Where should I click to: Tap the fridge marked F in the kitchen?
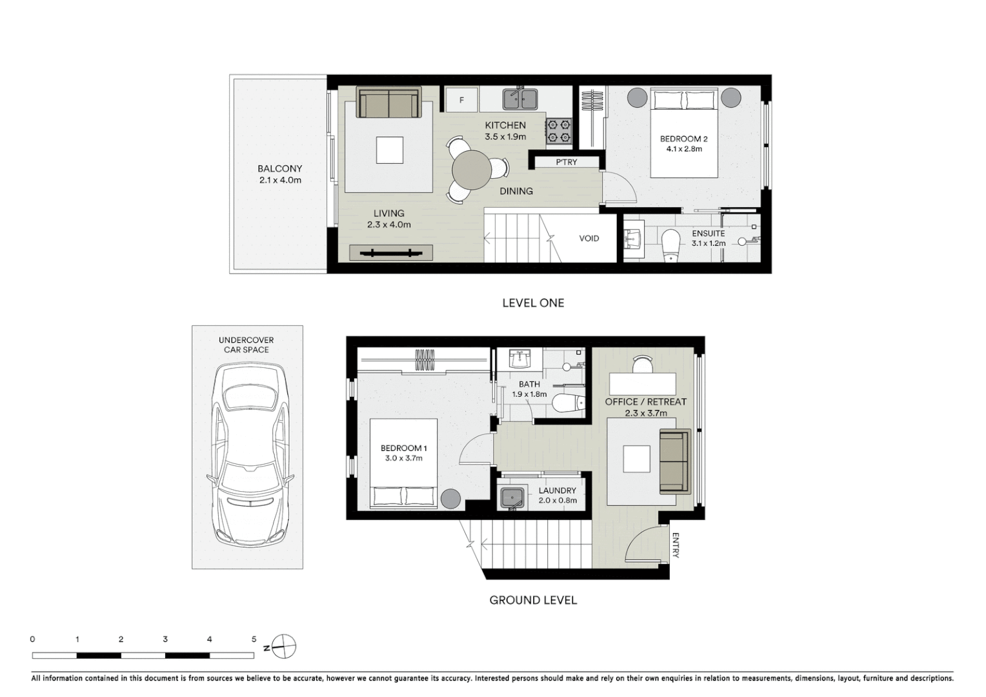[x=461, y=100]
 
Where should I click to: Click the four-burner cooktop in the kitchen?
[x=559, y=130]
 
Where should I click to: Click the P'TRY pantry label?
[x=567, y=162]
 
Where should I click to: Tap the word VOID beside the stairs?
[x=589, y=238]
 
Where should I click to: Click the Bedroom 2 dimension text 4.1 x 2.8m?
[x=684, y=149]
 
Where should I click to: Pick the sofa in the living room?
[x=388, y=103]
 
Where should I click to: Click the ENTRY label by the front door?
[x=676, y=545]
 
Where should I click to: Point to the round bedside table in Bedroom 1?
[x=450, y=499]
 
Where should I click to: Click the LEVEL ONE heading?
[x=533, y=303]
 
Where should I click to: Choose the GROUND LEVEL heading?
[x=533, y=600]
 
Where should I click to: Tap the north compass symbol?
[x=283, y=645]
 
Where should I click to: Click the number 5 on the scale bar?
[x=254, y=640]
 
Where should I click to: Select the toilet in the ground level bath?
[x=568, y=403]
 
